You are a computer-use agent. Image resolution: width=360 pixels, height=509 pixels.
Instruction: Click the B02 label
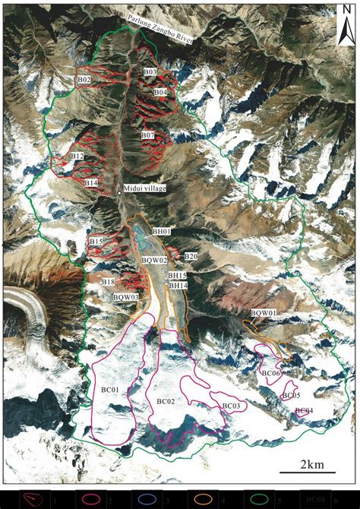pyautogui.click(x=84, y=80)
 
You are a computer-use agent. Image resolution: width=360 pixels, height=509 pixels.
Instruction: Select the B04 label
pyautogui.click(x=160, y=92)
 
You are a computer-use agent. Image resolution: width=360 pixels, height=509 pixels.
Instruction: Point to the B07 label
pyautogui.click(x=147, y=135)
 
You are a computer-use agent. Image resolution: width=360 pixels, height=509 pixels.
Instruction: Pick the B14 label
pyautogui.click(x=91, y=183)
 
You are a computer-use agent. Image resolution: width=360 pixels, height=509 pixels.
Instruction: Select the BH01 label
pyautogui.click(x=162, y=231)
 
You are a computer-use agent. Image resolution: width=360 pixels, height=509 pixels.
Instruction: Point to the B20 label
pyautogui.click(x=190, y=257)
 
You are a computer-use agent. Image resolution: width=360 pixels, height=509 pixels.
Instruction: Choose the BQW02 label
pyautogui.click(x=154, y=261)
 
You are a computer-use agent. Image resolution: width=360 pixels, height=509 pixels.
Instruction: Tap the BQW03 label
pyautogui.click(x=126, y=297)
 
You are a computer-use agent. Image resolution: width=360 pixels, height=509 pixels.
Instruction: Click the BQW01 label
pyautogui.click(x=263, y=313)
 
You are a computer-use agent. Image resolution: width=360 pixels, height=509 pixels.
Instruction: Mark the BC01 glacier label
pyautogui.click(x=111, y=390)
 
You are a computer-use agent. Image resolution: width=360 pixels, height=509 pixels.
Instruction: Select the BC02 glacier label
pyautogui.click(x=166, y=400)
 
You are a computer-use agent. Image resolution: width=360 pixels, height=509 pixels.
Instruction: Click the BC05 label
pyautogui.click(x=291, y=396)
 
